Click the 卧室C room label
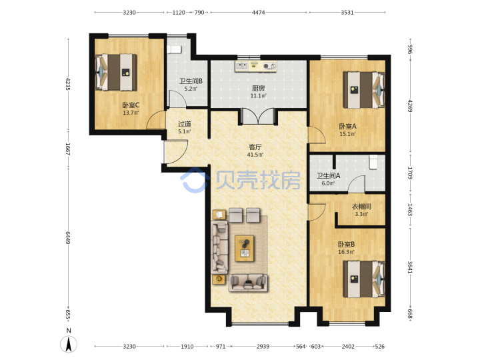coord(131,105)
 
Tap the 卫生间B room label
coord(191,81)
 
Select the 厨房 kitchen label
coord(258,89)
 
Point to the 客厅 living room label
coord(255,147)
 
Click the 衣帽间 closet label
coord(361,207)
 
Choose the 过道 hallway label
coord(185,124)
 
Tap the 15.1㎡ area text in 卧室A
coord(347,134)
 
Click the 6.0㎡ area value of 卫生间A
coord(328,183)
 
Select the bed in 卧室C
coord(116,72)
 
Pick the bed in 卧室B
coord(364,279)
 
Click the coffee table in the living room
coord(244,248)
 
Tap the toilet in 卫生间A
coord(373,162)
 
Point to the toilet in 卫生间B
coord(175,49)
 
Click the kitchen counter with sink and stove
coord(256,67)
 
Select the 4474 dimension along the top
coord(259,13)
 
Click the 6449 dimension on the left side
coord(68,238)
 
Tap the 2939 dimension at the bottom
coord(263,347)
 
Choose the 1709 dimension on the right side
coord(410,173)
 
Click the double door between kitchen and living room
coord(259,117)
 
